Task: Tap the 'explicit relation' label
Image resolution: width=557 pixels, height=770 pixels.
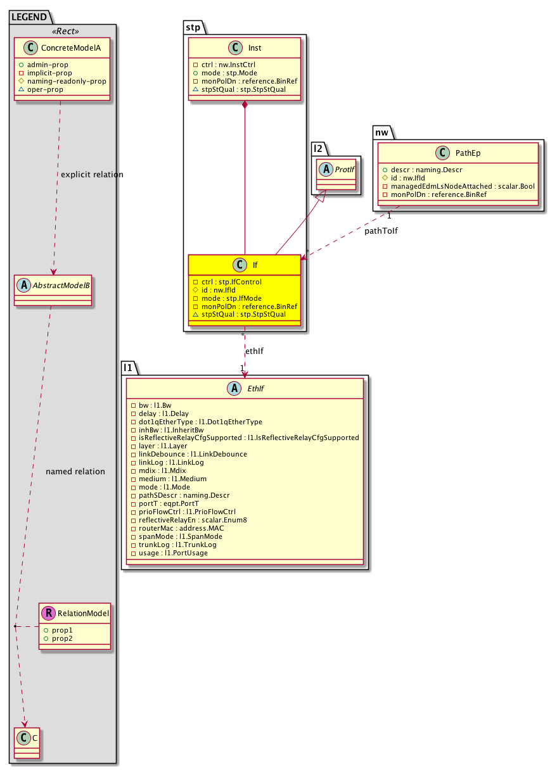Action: (92, 174)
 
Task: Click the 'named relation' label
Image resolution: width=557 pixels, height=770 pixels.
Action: (75, 471)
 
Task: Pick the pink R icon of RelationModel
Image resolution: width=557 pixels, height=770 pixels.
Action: (48, 612)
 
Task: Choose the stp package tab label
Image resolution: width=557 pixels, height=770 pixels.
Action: (192, 27)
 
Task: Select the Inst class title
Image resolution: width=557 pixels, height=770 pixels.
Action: (255, 48)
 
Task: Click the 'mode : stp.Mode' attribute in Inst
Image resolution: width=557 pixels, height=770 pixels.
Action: (229, 73)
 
